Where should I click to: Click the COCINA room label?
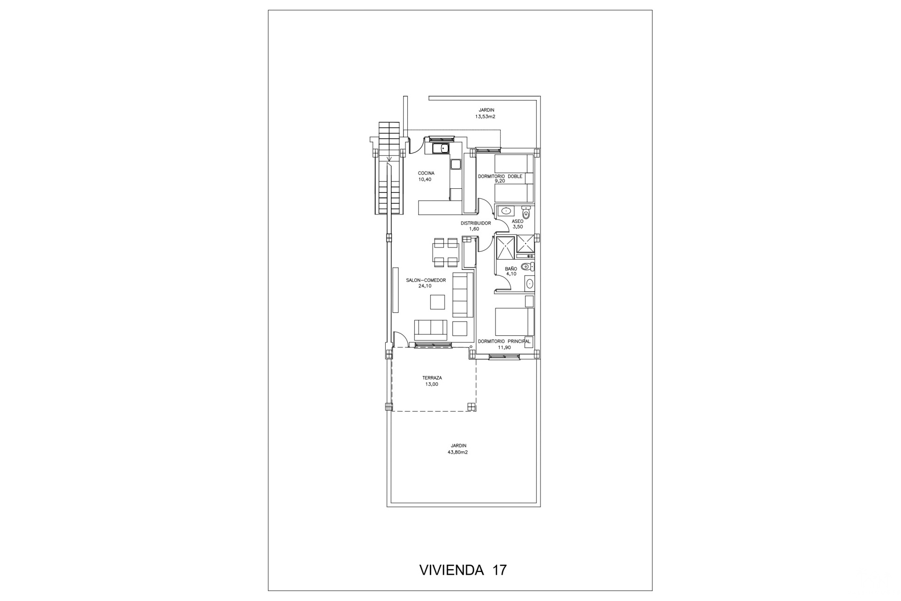pyautogui.click(x=426, y=173)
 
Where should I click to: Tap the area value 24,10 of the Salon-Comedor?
pyautogui.click(x=425, y=286)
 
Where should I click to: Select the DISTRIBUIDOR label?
pyautogui.click(x=476, y=223)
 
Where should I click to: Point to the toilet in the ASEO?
pyautogui.click(x=526, y=213)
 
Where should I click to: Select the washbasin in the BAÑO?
pyautogui.click(x=530, y=284)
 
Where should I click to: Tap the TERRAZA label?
pyautogui.click(x=432, y=378)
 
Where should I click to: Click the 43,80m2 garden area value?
pyautogui.click(x=458, y=453)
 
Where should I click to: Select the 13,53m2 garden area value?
pyautogui.click(x=485, y=116)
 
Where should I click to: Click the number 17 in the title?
pyautogui.click(x=500, y=570)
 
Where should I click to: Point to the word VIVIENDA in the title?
pyautogui.click(x=451, y=570)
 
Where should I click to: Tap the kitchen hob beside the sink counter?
pyautogui.click(x=127, y=164)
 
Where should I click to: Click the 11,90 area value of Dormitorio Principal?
pyautogui.click(x=504, y=348)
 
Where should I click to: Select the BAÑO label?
pyautogui.click(x=511, y=269)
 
